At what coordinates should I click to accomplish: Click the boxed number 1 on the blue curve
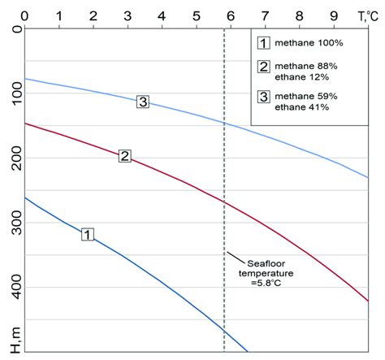[88, 234]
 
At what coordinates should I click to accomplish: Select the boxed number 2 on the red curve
[124, 155]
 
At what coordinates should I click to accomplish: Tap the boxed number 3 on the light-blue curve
[143, 102]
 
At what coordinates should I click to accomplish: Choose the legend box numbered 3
[262, 98]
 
